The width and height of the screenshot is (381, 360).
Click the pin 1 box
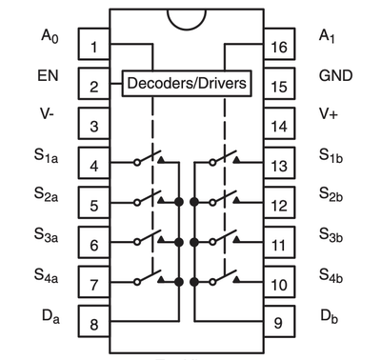click(94, 44)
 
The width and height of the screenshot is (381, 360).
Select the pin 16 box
click(279, 44)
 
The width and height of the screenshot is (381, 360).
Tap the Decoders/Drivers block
click(187, 83)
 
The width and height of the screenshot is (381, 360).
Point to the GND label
click(335, 76)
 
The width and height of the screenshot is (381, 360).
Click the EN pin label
click(48, 76)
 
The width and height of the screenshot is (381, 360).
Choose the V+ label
click(329, 113)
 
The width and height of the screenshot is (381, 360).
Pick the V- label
click(47, 113)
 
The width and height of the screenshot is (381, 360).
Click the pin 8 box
click(94, 321)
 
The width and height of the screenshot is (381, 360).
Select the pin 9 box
click(279, 321)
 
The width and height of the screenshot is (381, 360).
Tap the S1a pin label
click(47, 155)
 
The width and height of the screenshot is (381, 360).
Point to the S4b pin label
click(331, 275)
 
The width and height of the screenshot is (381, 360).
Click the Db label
click(330, 316)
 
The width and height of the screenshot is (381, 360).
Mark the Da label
click(50, 316)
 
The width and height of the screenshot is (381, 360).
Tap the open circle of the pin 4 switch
click(137, 163)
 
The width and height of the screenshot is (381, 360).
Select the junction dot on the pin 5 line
click(179, 202)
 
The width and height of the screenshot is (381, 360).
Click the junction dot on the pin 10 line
click(194, 282)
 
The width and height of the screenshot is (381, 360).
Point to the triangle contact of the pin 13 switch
click(236, 160)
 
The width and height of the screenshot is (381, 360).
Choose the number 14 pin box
click(279, 123)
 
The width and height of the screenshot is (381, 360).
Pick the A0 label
click(50, 36)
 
